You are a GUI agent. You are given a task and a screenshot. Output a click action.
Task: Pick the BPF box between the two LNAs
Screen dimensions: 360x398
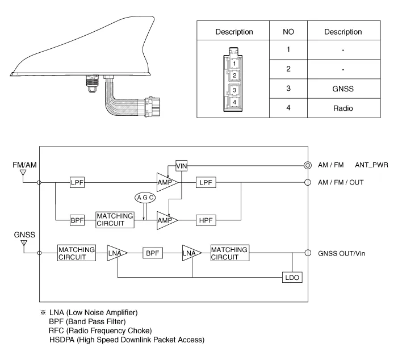(x=152, y=253)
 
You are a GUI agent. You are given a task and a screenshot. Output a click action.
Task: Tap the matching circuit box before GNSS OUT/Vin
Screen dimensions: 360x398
(x=229, y=253)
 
